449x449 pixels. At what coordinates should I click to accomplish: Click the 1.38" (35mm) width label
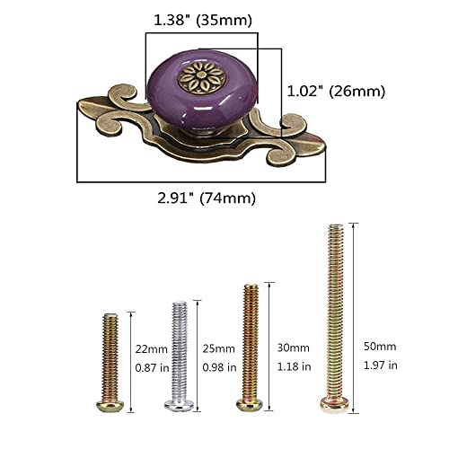click(201, 19)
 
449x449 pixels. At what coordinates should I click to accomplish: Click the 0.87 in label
click(151, 368)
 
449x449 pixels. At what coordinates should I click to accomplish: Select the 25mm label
click(218, 348)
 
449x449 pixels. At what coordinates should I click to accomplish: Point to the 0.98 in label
click(218, 368)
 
